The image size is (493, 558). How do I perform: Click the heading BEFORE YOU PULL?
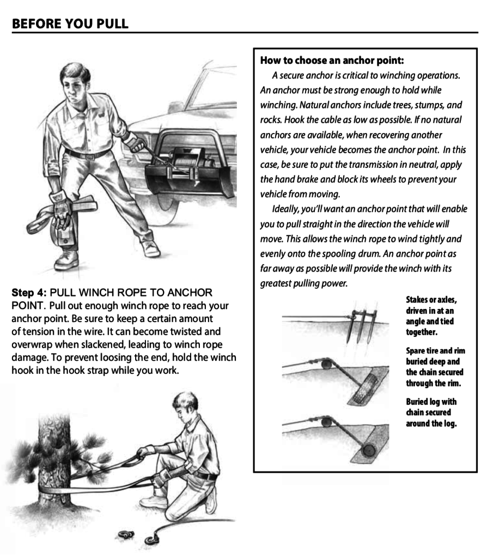coord(70,23)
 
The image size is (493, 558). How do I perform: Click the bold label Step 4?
coord(29,293)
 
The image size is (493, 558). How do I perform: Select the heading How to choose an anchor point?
coord(331,60)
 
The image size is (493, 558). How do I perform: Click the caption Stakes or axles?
coord(431,300)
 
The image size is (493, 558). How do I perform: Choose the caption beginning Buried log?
coord(431,402)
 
